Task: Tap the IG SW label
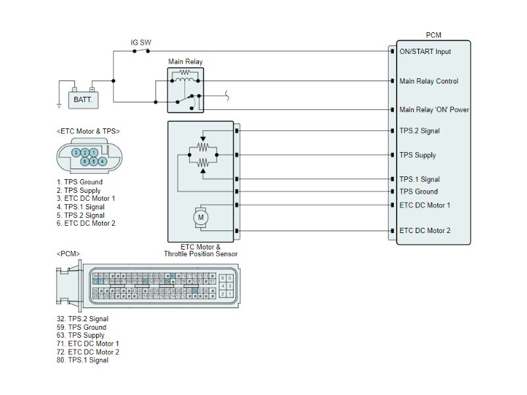tap(140, 43)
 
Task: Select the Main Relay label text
tap(185, 61)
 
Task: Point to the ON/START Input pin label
tap(425, 51)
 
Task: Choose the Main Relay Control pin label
tap(429, 81)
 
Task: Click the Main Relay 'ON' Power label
tap(434, 109)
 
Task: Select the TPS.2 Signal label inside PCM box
tap(419, 130)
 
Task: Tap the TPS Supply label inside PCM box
tap(418, 155)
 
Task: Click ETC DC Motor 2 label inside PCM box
tap(425, 230)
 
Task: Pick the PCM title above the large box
tap(433, 35)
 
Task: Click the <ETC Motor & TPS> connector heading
tap(89, 132)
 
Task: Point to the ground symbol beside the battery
tap(59, 104)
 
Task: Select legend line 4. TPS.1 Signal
tap(80, 207)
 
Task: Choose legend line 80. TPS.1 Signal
tap(82, 360)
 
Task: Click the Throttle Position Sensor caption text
tap(200, 254)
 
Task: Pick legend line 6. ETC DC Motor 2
tap(86, 223)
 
